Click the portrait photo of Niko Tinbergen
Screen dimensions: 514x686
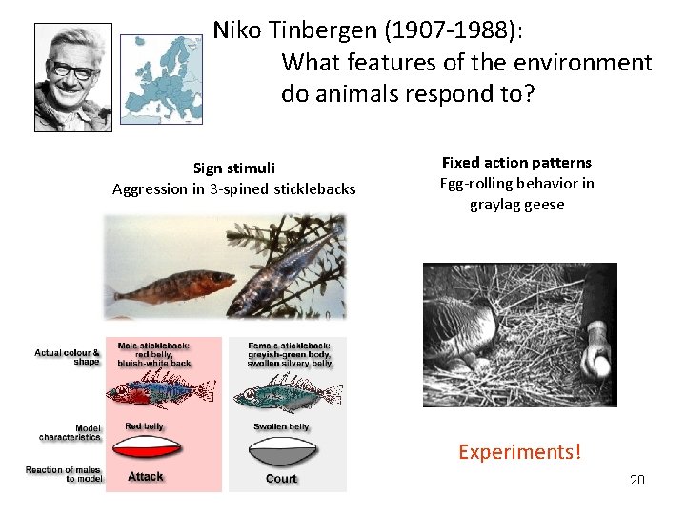[73, 77]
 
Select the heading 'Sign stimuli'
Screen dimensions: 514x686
[234, 168]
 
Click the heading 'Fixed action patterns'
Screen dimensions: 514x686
[516, 162]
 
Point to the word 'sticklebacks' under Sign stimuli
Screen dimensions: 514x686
[314, 188]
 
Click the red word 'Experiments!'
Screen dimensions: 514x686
[519, 451]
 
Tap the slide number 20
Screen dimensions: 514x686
[636, 479]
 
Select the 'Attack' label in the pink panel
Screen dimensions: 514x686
[146, 476]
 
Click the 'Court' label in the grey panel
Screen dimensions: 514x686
[281, 478]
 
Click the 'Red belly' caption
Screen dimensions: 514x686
[144, 426]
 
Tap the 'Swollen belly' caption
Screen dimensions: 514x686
[281, 426]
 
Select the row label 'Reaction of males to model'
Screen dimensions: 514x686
[63, 473]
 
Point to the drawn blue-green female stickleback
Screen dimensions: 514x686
[283, 392]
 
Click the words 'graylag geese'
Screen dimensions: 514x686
[516, 204]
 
